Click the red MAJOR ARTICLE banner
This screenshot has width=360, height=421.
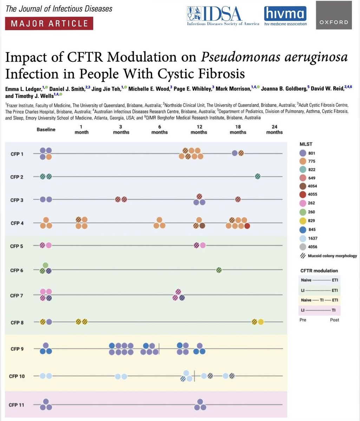49,24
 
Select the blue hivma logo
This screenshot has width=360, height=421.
285,16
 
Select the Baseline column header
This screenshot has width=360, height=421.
46,129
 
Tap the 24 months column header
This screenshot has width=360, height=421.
274,129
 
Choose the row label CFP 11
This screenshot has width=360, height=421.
17,405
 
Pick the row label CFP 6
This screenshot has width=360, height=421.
17,270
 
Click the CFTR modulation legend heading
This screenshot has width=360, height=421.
319,270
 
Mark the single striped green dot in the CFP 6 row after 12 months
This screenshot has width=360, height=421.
219,270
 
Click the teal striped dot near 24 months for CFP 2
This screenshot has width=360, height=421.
258,176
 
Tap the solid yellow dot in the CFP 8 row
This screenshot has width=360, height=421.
261,322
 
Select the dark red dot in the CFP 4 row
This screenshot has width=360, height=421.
247,226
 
